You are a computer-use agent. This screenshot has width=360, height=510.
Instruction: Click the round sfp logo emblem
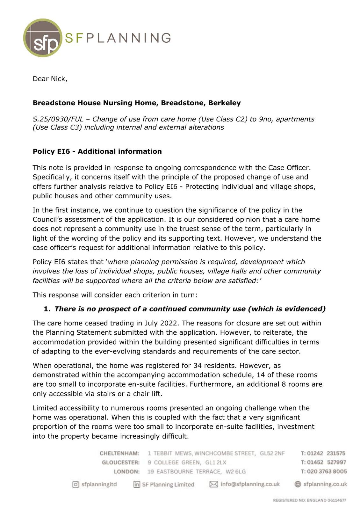(42, 38)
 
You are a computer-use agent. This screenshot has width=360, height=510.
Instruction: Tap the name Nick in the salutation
(58, 79)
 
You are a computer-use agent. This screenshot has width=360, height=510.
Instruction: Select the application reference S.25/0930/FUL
(58, 119)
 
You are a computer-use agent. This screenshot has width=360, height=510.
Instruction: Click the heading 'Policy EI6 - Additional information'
(97, 151)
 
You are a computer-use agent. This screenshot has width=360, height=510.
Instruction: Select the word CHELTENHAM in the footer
(119, 453)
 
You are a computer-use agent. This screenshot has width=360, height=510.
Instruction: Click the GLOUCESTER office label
(121, 463)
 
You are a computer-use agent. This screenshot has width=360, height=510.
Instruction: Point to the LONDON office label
(127, 472)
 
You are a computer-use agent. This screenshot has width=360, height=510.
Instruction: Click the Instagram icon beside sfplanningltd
(76, 484)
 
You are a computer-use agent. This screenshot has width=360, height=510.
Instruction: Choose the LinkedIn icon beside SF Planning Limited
(137, 484)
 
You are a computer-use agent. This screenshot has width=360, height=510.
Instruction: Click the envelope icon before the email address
(213, 484)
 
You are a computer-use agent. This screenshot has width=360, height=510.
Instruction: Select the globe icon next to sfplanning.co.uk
(298, 484)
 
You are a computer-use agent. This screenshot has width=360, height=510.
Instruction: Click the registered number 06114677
(337, 500)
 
